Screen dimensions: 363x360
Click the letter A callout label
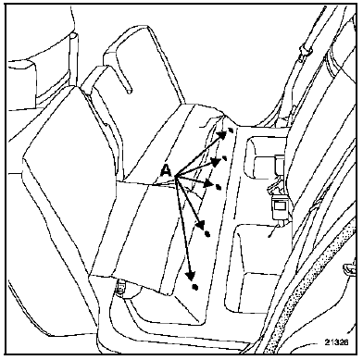pyautogui.click(x=167, y=170)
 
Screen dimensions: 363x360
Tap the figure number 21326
pyautogui.click(x=336, y=342)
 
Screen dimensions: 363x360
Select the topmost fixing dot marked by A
pyautogui.click(x=231, y=130)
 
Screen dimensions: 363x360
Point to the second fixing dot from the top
pyautogui.click(x=225, y=158)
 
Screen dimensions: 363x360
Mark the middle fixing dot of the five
pyautogui.click(x=219, y=187)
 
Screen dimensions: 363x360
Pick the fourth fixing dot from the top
pyautogui.click(x=207, y=234)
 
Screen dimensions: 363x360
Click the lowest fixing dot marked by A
pyautogui.click(x=194, y=287)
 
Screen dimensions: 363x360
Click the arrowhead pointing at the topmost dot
pyautogui.click(x=221, y=135)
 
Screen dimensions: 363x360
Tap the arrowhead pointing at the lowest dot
pyautogui.click(x=191, y=276)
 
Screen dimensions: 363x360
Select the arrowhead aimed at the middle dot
pyautogui.click(x=209, y=183)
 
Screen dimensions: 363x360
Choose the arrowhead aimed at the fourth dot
pyautogui.click(x=201, y=224)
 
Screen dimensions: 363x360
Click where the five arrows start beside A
pyautogui.click(x=175, y=177)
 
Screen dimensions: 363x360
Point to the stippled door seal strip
pyautogui.click(x=312, y=275)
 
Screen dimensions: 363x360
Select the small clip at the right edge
pyautogui.click(x=351, y=268)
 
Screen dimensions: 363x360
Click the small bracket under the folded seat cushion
pyautogui.click(x=120, y=289)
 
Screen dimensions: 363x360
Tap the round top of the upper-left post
pyautogui.click(x=73, y=36)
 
